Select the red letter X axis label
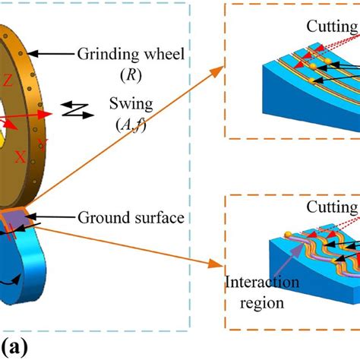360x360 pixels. pos(20,158)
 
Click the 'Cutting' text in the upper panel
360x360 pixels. pos(331,27)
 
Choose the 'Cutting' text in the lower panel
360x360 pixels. pos(331,207)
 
